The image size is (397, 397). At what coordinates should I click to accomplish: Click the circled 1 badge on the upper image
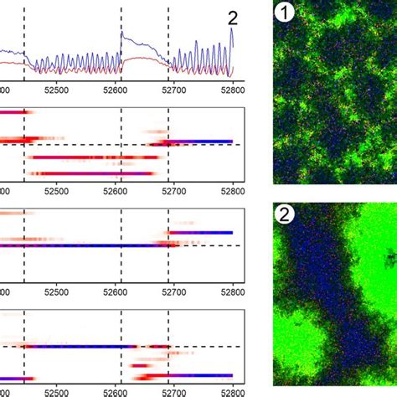(286, 13)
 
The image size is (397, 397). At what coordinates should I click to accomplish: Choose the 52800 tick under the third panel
(231, 292)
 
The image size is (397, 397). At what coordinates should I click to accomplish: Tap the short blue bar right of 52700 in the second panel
(201, 142)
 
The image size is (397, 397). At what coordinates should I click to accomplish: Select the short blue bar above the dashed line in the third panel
(201, 232)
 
